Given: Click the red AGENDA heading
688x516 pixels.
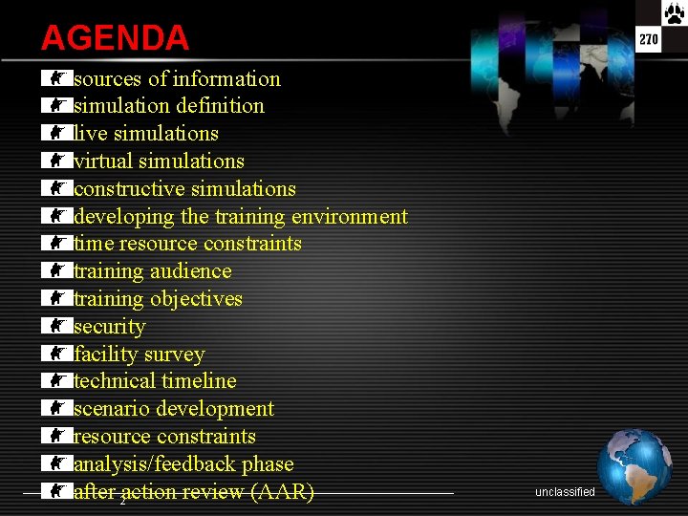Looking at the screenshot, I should [x=115, y=38].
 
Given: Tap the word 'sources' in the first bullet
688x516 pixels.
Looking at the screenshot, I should [x=108, y=79].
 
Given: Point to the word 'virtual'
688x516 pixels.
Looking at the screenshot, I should [x=107, y=161].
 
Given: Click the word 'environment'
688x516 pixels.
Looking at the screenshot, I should [x=350, y=217].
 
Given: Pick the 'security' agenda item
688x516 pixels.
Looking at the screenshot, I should [x=110, y=327].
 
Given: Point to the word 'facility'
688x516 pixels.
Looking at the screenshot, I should [x=107, y=355].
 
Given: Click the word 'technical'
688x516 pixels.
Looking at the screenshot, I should [x=115, y=381].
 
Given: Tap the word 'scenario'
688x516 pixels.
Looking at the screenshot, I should [x=112, y=409].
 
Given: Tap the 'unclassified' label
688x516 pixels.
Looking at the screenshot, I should [x=565, y=492].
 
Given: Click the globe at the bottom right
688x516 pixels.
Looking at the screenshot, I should [x=634, y=466].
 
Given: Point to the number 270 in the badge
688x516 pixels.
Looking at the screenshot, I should [x=649, y=39].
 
